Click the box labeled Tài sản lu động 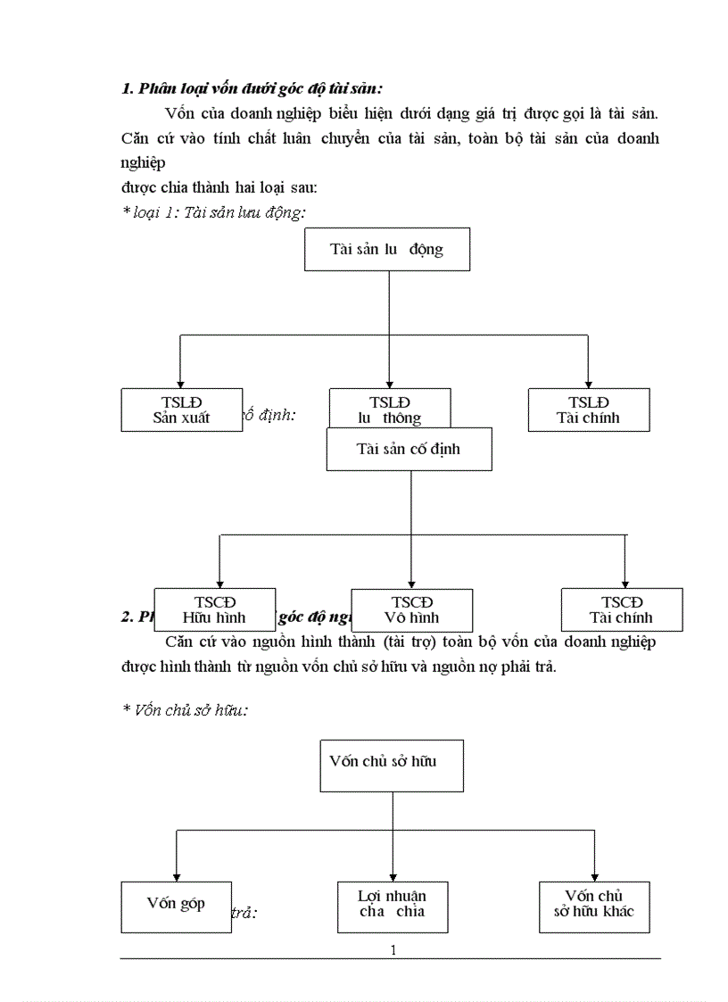pos(386,249)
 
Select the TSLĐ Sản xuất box pos(181,410)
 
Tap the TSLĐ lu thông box pos(390,410)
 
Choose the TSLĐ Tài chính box pos(588,410)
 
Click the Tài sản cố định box pos(409,449)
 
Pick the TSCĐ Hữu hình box pos(214,609)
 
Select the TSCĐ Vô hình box pos(411,609)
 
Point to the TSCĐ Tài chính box pos(621,609)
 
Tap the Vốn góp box pos(176,906)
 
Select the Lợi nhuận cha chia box pos(393,906)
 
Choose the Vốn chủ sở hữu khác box pos(594,906)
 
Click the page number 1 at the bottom pos(393,949)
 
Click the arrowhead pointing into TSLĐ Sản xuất pos(181,382)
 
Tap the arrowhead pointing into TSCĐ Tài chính pos(625,582)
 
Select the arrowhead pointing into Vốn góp pos(176,875)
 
